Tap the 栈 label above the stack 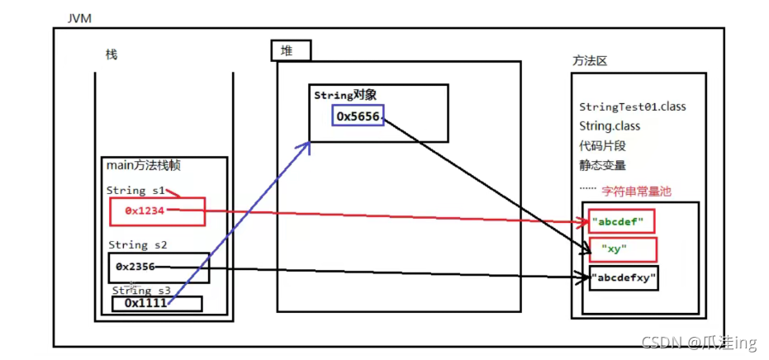point(112,54)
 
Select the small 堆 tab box point(292,50)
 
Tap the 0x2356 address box point(158,267)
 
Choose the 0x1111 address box point(157,303)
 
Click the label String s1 point(136,191)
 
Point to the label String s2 point(138,245)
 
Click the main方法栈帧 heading point(144,166)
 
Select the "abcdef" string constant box point(621,221)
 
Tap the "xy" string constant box point(622,249)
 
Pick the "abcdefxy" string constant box point(625,278)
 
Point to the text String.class point(610,126)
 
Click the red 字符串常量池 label point(636,191)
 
